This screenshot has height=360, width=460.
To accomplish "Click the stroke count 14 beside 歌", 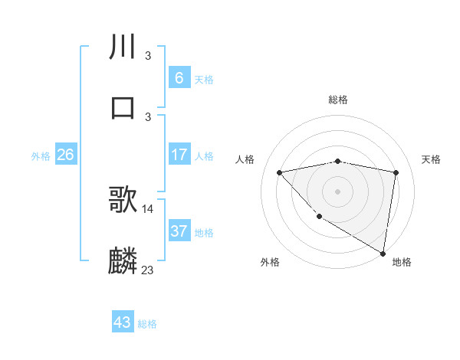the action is click(148, 209).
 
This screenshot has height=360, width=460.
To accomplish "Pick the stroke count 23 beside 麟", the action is click(148, 270).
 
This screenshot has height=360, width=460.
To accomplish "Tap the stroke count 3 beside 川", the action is click(147, 56).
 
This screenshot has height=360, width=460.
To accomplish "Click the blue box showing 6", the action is click(179, 78).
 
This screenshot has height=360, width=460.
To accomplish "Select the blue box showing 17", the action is click(179, 155).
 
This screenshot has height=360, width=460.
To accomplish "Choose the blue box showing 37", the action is click(179, 231).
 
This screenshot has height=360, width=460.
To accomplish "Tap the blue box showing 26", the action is click(65, 155).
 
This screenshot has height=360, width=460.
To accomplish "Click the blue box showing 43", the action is click(123, 322).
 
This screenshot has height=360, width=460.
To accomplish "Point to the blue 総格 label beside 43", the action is click(147, 324).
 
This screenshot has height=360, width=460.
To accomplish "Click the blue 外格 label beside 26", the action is click(41, 156).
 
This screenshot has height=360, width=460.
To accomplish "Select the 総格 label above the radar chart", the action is click(338, 100).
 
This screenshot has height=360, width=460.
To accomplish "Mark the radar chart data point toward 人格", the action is click(280, 172).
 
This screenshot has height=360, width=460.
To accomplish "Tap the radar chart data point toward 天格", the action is click(396, 172).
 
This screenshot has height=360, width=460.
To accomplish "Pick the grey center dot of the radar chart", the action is click(338, 191).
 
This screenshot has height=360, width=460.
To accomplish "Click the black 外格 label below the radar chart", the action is click(270, 262).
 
